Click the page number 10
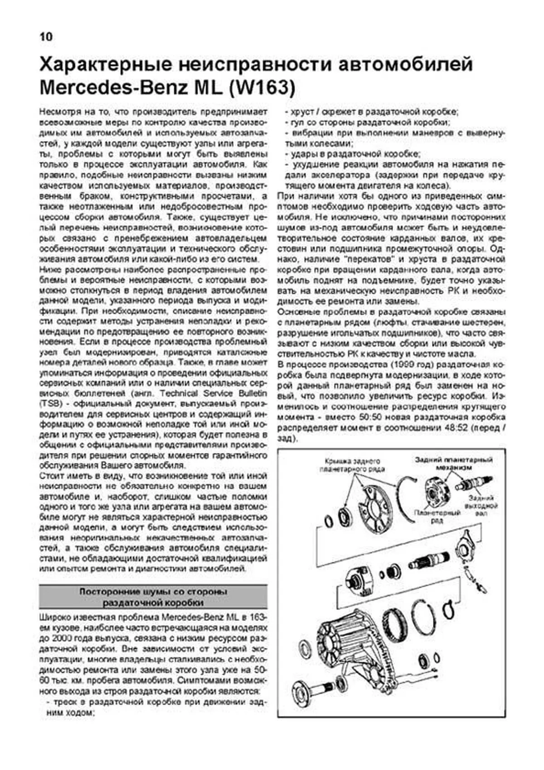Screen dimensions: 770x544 [46, 37]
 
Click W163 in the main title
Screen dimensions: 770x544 [262, 88]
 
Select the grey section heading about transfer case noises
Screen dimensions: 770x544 [153, 597]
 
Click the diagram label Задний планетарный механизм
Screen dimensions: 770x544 [453, 463]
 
